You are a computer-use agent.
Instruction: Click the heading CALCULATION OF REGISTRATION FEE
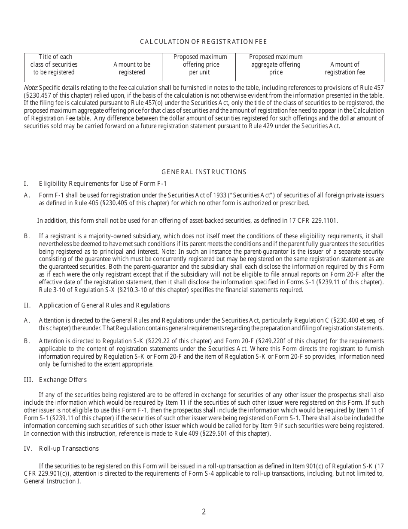click(x=204, y=42)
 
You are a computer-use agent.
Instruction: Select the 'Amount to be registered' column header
click(x=132, y=68)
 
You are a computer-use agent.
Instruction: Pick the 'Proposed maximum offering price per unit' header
click(x=200, y=65)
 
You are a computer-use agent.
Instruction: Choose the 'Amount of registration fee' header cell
click(x=345, y=68)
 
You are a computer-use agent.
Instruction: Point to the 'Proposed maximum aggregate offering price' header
click(x=276, y=65)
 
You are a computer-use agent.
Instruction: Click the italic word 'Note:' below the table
click(x=31, y=87)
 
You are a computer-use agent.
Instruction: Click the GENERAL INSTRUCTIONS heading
click(x=204, y=172)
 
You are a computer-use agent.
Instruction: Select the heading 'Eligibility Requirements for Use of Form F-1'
click(x=103, y=184)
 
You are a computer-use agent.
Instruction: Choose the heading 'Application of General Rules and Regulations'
click(x=104, y=305)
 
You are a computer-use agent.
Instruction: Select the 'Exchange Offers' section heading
click(x=63, y=380)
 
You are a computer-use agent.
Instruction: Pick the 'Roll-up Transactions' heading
click(x=69, y=449)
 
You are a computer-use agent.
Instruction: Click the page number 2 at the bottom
click(x=204, y=512)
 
